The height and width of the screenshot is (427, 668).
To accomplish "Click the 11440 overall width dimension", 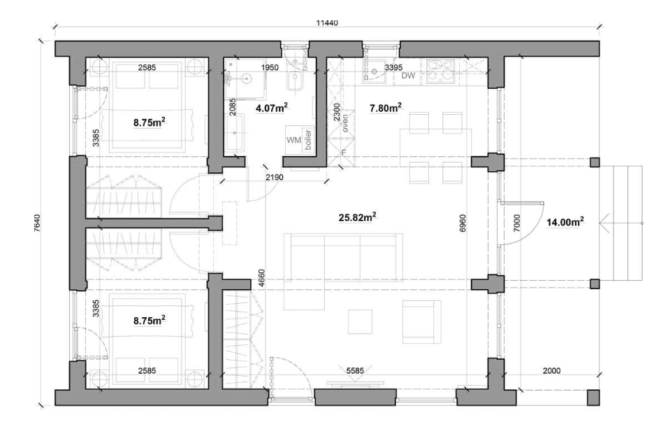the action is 327,23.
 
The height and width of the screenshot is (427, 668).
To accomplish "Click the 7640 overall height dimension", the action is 37,222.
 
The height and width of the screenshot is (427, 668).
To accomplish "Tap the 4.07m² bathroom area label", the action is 272,108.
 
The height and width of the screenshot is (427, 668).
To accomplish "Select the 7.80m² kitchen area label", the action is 386,108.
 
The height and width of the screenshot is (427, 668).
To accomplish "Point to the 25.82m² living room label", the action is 357,217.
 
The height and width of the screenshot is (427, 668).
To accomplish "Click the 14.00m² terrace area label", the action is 565,221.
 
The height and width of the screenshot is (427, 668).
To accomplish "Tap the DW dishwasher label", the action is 408,76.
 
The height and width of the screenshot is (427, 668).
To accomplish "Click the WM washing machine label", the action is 293,140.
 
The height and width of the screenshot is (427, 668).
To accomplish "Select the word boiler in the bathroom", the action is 308,139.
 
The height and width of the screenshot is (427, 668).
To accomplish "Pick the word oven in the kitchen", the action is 344,122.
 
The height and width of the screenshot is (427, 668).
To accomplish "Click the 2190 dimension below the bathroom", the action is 275,177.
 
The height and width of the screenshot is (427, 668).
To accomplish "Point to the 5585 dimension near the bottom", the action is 355,371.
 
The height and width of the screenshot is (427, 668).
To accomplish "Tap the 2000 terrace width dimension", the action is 551,371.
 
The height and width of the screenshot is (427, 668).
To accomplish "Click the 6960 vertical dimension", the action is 463,223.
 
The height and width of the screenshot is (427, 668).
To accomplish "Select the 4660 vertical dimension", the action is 261,277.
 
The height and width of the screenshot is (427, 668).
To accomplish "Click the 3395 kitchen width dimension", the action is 393,67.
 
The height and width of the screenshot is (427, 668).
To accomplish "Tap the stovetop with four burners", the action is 440,71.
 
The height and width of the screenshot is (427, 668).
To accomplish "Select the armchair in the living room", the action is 422,321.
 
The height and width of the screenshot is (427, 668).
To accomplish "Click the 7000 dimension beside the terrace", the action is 517,223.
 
